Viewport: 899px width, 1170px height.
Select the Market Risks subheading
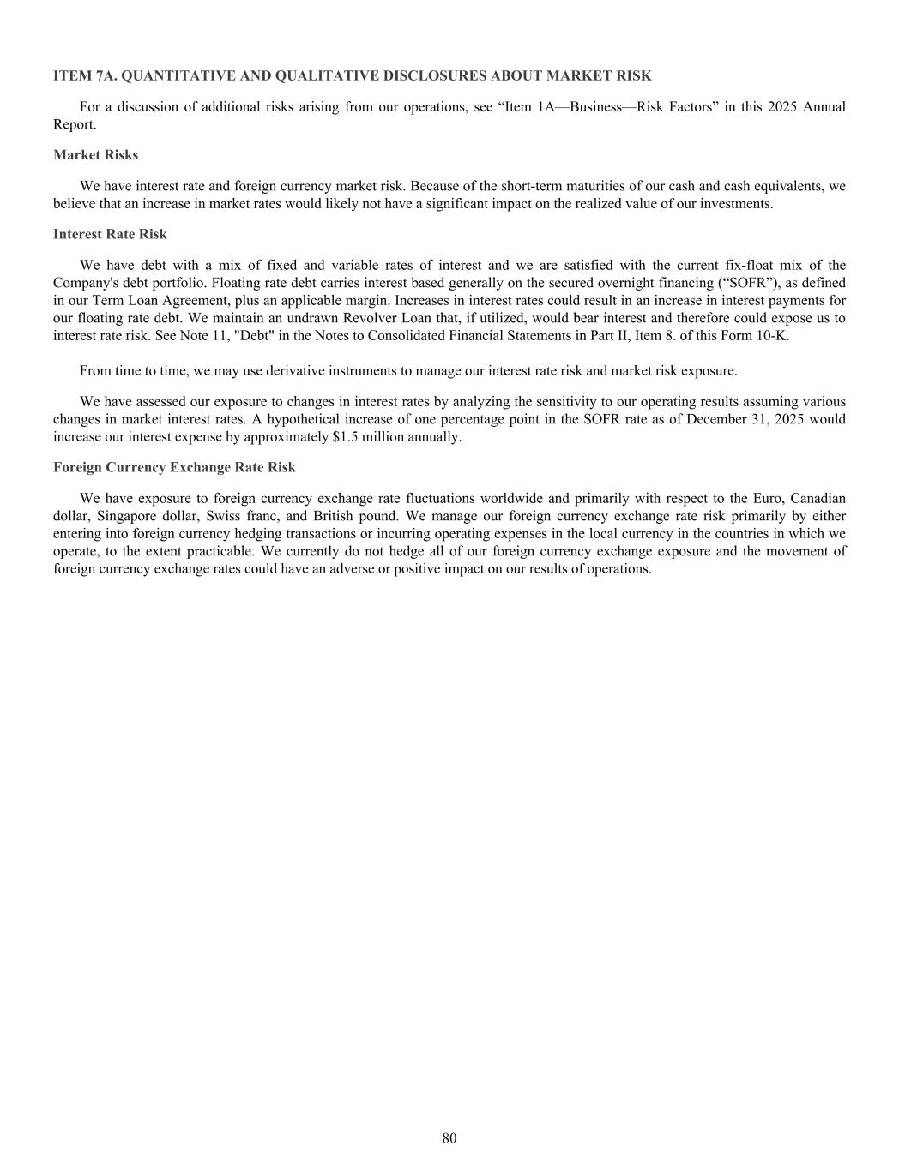coord(95,155)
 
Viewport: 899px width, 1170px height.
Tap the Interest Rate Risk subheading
coord(110,234)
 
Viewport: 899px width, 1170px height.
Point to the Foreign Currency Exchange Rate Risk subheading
coord(174,467)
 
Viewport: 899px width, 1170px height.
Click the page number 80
coord(449,1138)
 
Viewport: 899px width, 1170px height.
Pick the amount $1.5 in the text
coord(347,437)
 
